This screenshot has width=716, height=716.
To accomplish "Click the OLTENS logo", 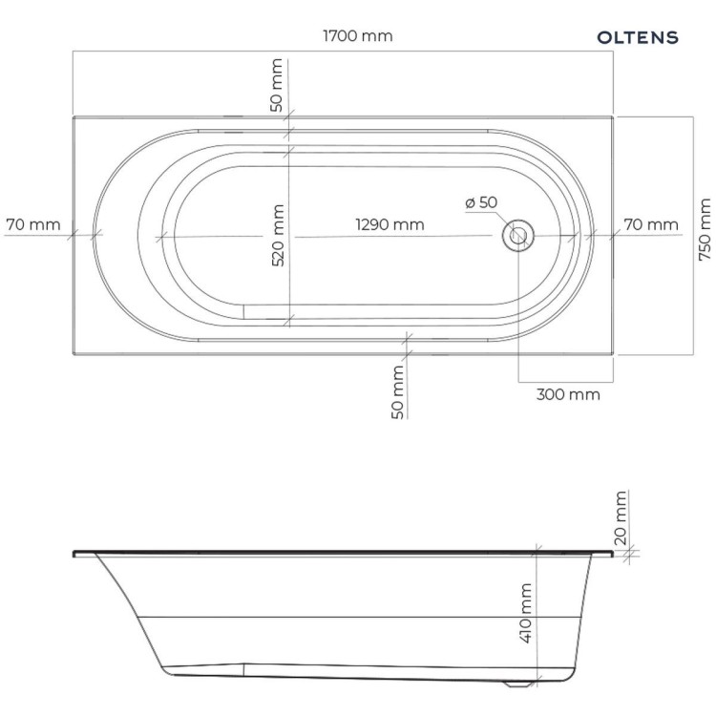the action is [638, 37].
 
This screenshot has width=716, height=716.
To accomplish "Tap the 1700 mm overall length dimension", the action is [358, 36].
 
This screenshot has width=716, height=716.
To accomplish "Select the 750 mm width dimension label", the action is [705, 230].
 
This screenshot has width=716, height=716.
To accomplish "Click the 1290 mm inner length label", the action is [390, 224].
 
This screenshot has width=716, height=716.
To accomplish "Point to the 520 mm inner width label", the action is [278, 236].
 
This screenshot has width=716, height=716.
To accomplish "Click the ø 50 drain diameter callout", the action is [481, 202].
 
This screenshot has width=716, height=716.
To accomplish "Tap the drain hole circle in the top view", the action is [518, 236].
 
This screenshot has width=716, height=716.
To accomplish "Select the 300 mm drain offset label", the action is [568, 394].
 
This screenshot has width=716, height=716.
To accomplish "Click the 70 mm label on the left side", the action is [33, 224].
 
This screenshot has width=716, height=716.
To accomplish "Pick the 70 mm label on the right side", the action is [651, 224].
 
